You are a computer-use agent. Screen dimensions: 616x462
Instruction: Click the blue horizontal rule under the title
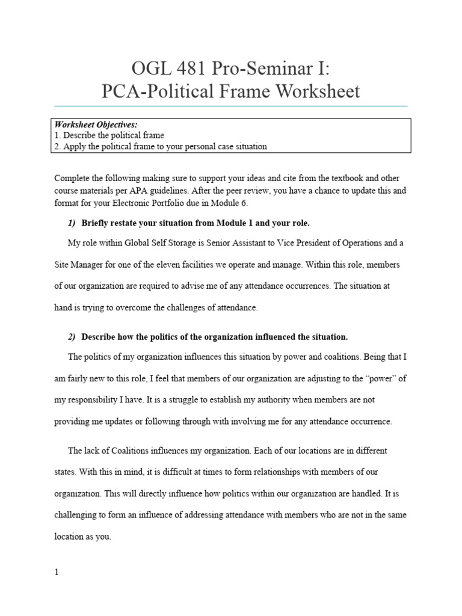(x=230, y=106)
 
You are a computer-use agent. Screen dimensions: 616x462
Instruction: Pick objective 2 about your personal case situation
(x=161, y=146)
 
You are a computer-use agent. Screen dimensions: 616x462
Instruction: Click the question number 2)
(x=72, y=336)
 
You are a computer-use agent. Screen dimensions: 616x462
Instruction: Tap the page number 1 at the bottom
(x=57, y=572)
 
